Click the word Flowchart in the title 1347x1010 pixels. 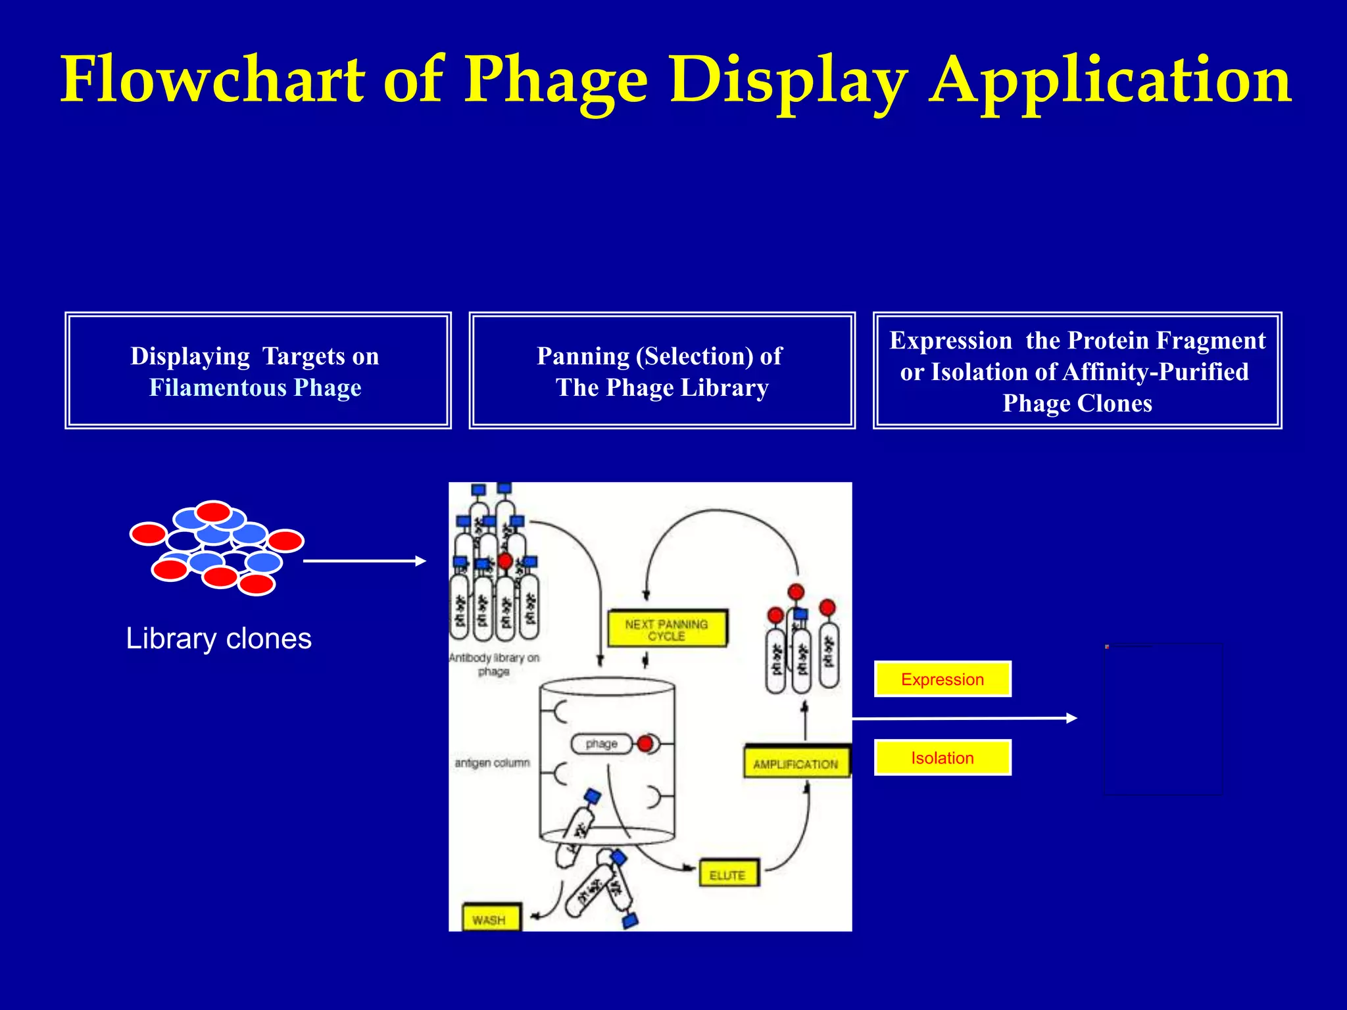(212, 80)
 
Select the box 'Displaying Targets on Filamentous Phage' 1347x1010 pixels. (258, 371)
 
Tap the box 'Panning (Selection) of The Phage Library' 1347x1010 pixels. (662, 371)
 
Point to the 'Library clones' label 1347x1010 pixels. (218, 638)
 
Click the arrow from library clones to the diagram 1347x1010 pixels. (364, 561)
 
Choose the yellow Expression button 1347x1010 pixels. (942, 679)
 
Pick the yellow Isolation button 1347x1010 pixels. (942, 757)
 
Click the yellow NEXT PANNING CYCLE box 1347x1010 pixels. (666, 629)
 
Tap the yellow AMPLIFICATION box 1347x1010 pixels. (796, 763)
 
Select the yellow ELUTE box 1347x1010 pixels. (728, 875)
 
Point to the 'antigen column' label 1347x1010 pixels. (492, 763)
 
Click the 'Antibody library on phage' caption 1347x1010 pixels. (494, 664)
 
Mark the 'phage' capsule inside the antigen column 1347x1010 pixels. (601, 744)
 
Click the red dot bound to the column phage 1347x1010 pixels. (645, 744)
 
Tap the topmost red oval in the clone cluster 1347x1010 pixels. (214, 511)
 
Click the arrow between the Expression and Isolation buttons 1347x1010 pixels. (964, 719)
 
